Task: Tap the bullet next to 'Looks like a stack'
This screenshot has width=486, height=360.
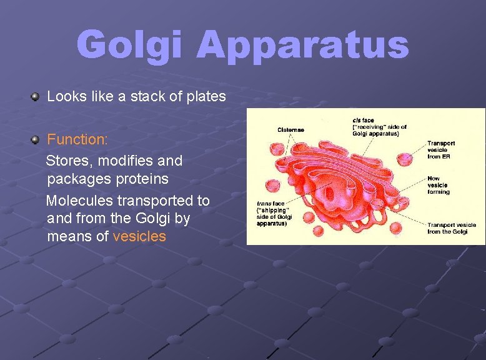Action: tap(36, 97)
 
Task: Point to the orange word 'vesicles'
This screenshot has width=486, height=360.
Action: tap(139, 236)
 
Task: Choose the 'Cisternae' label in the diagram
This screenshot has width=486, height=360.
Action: tap(290, 130)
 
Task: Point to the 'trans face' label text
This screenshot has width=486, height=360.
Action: tap(270, 203)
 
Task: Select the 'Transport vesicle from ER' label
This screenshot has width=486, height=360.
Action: tap(441, 150)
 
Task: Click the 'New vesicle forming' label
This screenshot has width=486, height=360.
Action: tap(438, 185)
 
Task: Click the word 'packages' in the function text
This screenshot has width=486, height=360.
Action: tap(74, 179)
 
